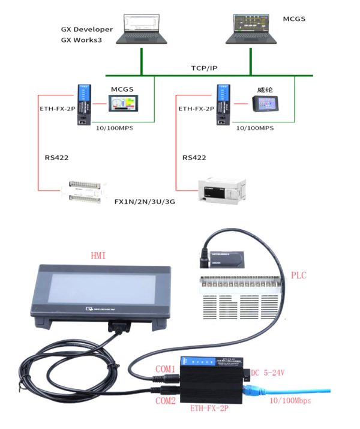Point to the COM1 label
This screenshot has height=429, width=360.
165,368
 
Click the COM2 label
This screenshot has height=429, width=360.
166,400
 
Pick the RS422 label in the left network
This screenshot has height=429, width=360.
56,158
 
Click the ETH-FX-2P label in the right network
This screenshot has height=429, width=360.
196,109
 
